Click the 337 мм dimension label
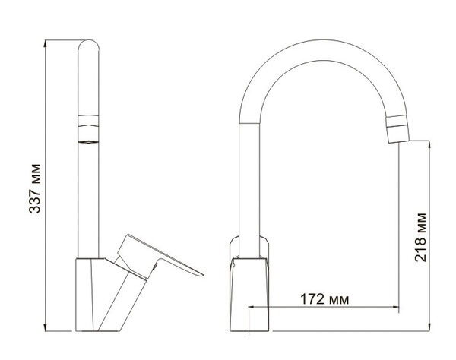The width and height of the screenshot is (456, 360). [35, 188]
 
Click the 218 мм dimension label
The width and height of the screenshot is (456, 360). [420, 238]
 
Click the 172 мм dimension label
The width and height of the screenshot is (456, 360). [325, 299]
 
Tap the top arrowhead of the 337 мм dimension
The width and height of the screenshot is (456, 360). [45, 43]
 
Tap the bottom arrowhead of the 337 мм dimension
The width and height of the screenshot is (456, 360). [45, 327]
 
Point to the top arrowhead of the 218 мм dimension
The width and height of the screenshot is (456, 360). [429, 144]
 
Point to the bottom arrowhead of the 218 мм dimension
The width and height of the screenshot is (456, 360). [429, 327]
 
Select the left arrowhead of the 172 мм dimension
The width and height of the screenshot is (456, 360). [252, 307]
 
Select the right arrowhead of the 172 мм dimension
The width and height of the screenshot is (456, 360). [395, 307]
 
